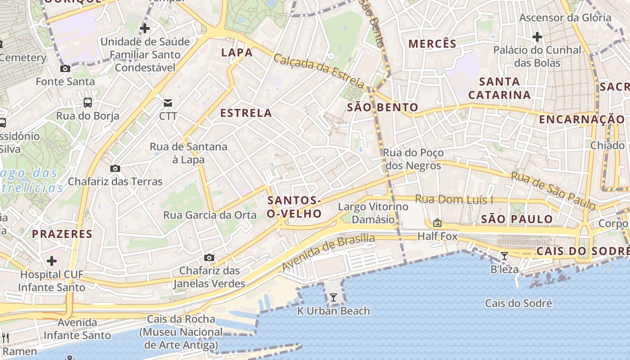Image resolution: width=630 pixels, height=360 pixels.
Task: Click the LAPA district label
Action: (237, 53)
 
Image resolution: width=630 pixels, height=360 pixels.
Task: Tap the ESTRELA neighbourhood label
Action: (246, 113)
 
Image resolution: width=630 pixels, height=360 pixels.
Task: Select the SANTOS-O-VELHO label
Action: (294, 207)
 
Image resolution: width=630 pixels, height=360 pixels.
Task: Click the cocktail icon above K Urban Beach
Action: (333, 297)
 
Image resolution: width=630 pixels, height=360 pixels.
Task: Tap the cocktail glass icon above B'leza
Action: (504, 256)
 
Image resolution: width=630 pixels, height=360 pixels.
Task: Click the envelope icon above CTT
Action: (168, 103)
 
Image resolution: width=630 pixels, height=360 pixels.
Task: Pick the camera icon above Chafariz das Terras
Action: (115, 168)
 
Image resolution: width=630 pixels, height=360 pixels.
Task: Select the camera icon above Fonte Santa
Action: (65, 68)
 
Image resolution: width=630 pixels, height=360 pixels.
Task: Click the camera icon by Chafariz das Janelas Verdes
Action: (209, 257)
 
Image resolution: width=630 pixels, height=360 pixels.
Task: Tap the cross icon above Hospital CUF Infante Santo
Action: (52, 261)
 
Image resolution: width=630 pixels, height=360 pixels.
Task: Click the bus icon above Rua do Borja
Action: (88, 102)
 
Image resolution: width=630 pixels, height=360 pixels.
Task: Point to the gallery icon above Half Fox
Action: (437, 223)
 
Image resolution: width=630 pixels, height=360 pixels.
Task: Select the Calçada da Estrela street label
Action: (319, 71)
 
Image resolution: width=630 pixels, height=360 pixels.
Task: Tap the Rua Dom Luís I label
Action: (454, 199)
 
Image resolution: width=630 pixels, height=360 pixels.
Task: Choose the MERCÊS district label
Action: (432, 44)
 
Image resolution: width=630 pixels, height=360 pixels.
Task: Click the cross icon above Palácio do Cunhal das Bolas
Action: (537, 36)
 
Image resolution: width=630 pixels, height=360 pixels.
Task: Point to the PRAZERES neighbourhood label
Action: (62, 234)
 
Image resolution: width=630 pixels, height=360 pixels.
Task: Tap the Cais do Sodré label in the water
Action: (518, 303)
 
